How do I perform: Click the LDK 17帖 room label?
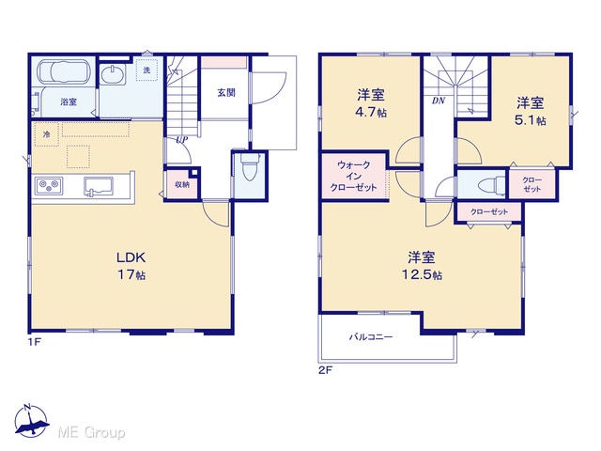131,265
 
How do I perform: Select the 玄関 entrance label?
226,92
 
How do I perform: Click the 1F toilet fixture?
250,167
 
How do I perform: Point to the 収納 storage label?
182,184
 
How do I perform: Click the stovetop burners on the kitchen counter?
49,186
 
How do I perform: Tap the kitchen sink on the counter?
99,186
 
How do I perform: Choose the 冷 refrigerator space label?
47,134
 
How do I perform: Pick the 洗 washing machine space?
146,70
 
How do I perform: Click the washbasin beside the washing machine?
113,75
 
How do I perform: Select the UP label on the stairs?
181,140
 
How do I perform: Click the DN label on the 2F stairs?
439,101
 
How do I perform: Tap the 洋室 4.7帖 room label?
371,103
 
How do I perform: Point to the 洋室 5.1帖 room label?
531,111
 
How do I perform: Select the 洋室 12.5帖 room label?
422,265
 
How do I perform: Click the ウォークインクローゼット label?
353,177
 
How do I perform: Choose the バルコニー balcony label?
371,337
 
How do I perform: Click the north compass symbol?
31,421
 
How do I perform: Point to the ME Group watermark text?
92,432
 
